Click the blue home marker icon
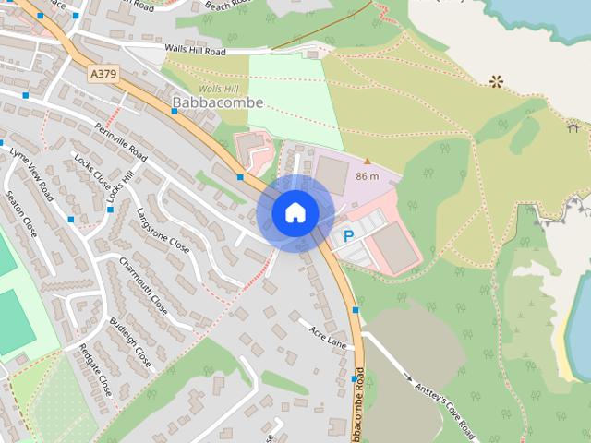pyautogui.click(x=295, y=213)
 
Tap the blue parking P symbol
pyautogui.click(x=348, y=237)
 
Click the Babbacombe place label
pyautogui.click(x=218, y=102)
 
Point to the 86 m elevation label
pyautogui.click(x=368, y=175)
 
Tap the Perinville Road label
pyautogui.click(x=119, y=141)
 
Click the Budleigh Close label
pyautogui.click(x=129, y=341)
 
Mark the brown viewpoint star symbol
pyautogui.click(x=497, y=81)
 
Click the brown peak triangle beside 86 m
pyautogui.click(x=367, y=161)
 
